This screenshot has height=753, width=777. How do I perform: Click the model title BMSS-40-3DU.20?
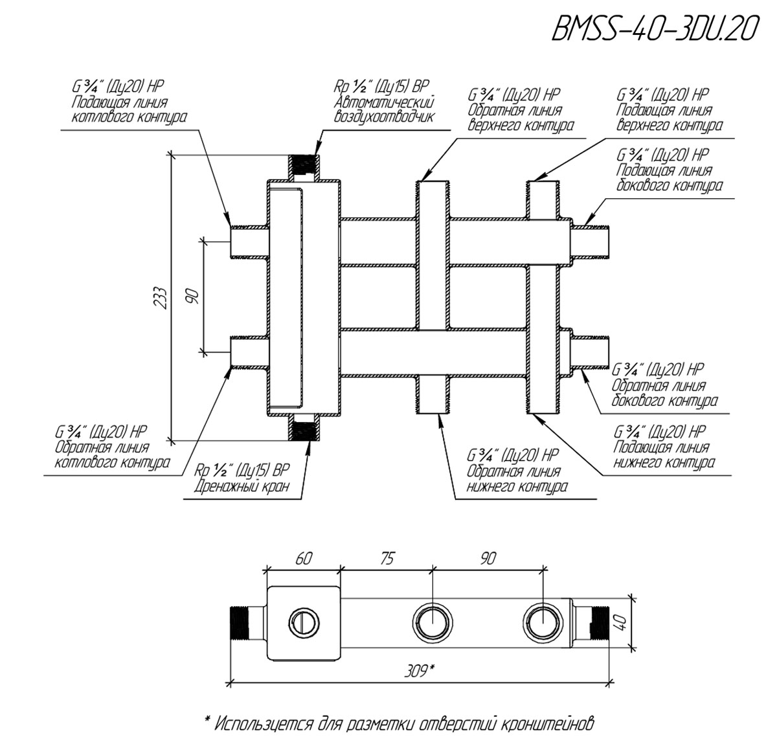point(653,29)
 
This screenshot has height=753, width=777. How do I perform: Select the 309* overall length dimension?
point(419,671)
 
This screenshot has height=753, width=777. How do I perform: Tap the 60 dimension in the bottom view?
point(304,559)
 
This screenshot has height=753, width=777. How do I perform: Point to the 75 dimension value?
point(387,559)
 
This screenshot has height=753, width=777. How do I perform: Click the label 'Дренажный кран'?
point(242,487)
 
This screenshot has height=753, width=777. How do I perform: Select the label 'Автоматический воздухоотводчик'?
point(384,109)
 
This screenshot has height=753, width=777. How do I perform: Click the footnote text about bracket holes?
point(399,723)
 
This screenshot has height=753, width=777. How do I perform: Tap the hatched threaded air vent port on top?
point(304,166)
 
